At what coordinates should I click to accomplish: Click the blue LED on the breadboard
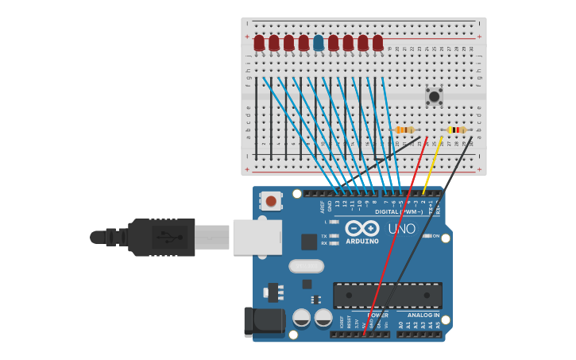319,43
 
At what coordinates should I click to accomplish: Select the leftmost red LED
259,43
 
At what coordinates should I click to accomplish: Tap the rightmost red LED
377,43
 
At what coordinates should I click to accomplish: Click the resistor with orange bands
404,130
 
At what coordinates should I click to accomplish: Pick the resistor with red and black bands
456,130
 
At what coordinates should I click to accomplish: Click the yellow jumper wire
433,165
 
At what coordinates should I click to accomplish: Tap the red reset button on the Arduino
271,201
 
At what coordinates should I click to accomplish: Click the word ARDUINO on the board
362,241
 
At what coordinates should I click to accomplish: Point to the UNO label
401,229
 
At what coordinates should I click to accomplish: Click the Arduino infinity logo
361,227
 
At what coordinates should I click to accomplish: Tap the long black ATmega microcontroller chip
388,295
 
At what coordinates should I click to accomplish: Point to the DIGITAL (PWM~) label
399,212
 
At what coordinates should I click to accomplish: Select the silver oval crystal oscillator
306,266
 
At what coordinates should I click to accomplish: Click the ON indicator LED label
435,236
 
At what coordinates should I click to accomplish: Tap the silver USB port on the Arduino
257,237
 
